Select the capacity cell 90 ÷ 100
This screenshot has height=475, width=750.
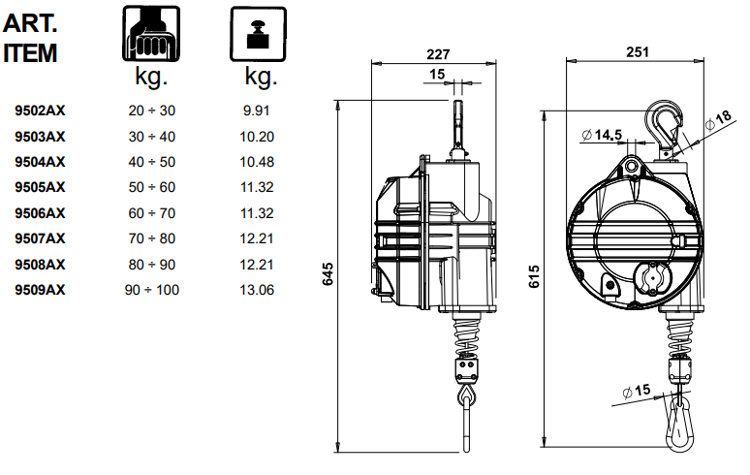pos(152,290)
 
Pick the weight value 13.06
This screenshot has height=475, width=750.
pos(257,290)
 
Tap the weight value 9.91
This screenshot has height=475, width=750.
pos(257,111)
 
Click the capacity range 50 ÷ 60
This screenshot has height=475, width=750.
pos(152,188)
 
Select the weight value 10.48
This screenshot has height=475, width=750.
pos(257,162)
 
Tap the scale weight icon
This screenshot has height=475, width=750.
pos(256,34)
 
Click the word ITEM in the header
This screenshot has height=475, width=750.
pos(31,53)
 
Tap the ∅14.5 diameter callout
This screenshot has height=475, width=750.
pos(602,134)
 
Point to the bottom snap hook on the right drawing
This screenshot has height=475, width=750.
pos(678,419)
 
